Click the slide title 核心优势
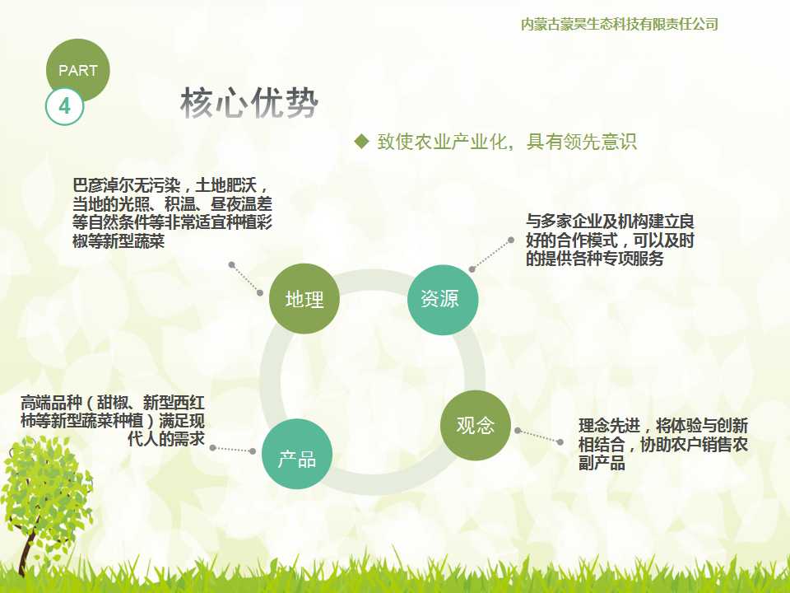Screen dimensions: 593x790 tap(249, 104)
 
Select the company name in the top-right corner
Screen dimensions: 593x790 tap(620, 24)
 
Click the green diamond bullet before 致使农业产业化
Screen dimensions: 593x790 tap(360, 142)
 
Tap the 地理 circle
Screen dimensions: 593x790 tap(304, 299)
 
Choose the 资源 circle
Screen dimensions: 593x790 tap(439, 299)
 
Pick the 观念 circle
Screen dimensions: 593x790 tap(476, 424)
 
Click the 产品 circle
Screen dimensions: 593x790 tap(297, 459)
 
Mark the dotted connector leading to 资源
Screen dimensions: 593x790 tap(491, 254)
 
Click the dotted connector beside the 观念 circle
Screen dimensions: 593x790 tap(539, 436)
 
